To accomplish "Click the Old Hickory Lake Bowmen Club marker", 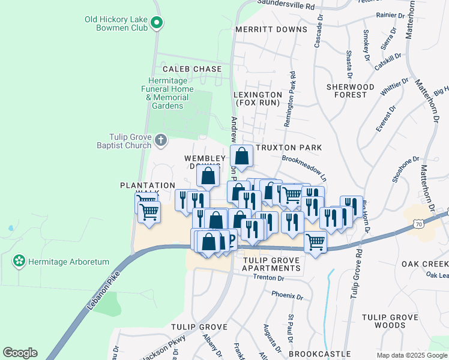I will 157,23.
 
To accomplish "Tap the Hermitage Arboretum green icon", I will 19,262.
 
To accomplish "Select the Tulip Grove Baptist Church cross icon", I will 160,140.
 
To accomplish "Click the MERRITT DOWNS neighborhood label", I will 271,29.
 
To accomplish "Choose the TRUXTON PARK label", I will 289,147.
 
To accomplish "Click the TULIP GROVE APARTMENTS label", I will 271,264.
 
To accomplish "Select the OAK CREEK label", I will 424,263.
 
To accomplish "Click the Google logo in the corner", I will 20,353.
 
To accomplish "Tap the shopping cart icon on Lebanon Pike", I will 315,241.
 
